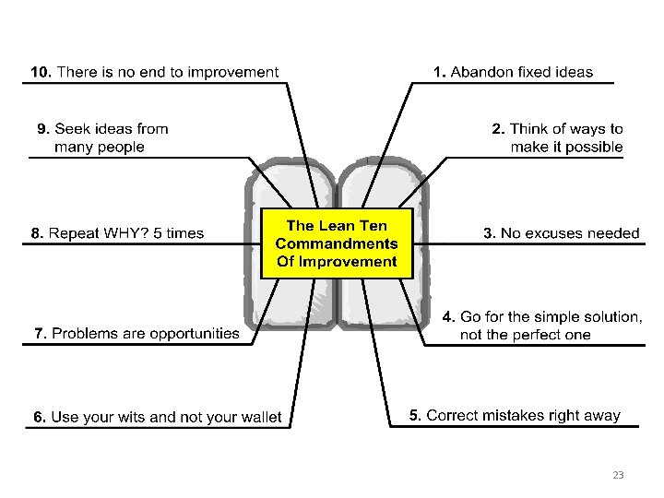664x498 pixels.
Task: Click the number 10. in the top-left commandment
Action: click(41, 72)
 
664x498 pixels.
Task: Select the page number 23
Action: click(618, 475)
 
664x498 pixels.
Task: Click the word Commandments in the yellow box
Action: click(337, 243)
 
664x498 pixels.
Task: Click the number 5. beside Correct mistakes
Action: click(416, 416)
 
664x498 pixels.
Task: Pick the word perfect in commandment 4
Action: click(527, 335)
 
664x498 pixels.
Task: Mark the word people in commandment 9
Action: click(120, 147)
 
